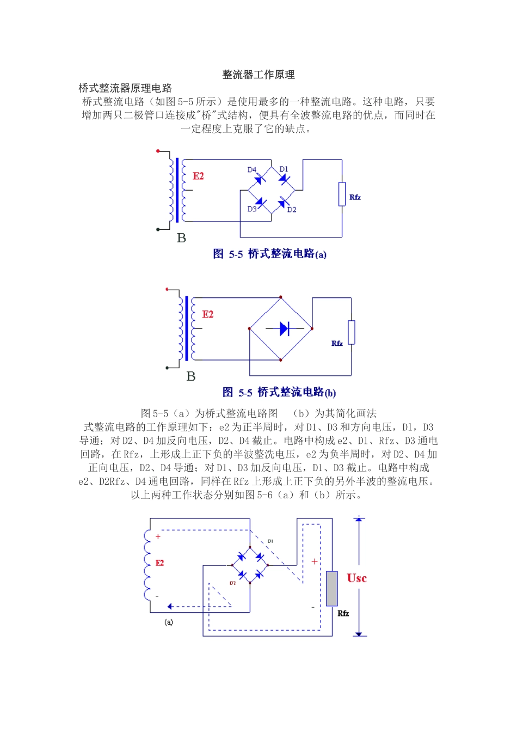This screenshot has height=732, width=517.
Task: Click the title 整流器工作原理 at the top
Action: point(258,75)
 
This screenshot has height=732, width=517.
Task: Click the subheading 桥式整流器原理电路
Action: point(125,88)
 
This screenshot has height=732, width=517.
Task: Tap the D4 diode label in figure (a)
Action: point(251,170)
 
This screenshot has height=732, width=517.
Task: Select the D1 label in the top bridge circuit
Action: point(284,169)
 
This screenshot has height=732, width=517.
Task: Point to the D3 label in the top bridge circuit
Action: point(252,209)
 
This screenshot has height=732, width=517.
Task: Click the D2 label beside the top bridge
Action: point(292,210)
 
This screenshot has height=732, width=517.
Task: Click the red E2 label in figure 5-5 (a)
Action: point(198,176)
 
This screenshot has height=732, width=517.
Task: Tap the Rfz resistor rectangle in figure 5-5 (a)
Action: point(342,194)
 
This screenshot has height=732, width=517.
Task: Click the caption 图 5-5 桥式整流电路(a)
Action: point(269,254)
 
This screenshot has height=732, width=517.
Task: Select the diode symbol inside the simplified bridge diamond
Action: point(284,328)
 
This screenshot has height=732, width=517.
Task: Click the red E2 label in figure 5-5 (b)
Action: point(207,314)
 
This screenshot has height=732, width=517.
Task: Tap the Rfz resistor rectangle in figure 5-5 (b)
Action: point(352,332)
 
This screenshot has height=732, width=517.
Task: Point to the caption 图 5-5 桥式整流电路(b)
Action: point(279,392)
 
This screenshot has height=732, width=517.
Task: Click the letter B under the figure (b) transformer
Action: point(190,376)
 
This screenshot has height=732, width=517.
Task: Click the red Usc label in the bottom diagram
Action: point(356,578)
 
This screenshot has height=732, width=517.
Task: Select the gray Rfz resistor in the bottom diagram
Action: point(332,589)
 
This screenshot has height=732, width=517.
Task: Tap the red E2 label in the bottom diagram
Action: point(159,563)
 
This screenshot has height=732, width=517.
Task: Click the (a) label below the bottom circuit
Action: point(169,622)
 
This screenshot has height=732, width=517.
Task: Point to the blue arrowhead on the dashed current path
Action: point(170,606)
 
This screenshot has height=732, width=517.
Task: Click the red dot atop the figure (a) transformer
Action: point(158,151)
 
